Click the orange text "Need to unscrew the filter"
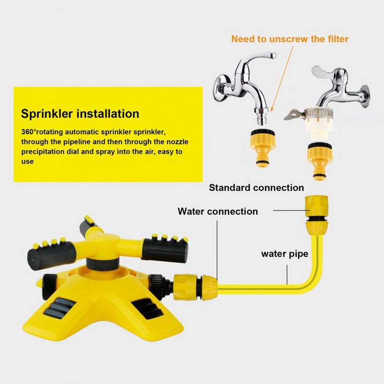[x=290, y=39]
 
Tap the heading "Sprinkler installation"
[x=80, y=114]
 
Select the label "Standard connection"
[x=256, y=188]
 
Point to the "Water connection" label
[x=218, y=211]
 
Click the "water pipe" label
[x=285, y=254]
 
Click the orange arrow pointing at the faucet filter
[x=282, y=79]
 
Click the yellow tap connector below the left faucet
[x=263, y=148]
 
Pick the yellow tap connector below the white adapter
[x=320, y=161]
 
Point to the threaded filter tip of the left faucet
[x=262, y=116]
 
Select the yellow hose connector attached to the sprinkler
[x=195, y=287]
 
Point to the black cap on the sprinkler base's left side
[x=49, y=287]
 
